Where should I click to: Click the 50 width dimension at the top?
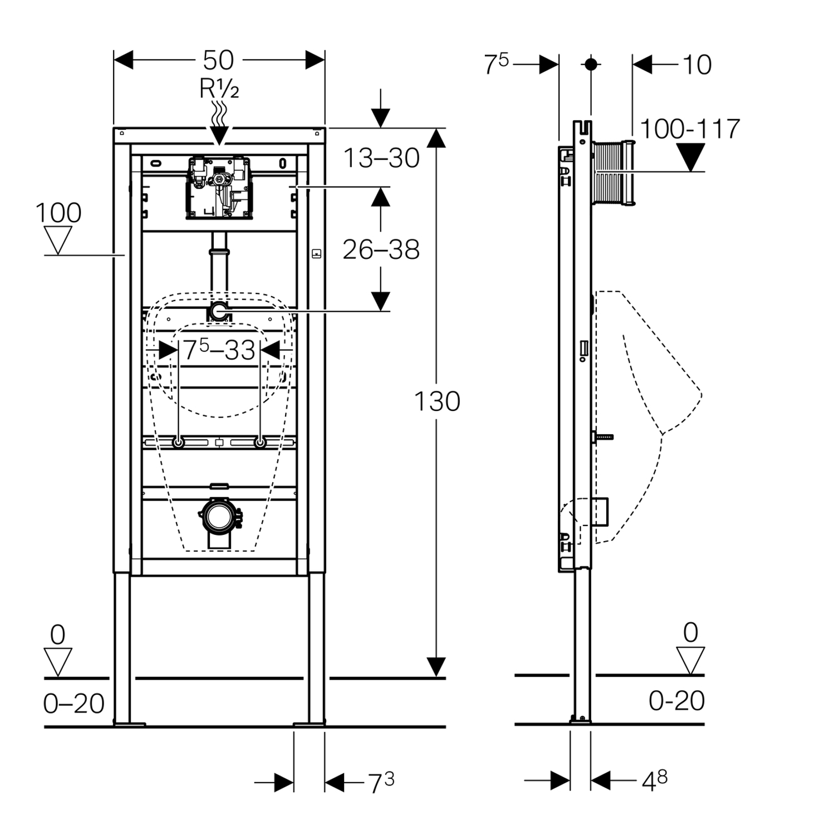(x=218, y=60)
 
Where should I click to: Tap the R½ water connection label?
(x=219, y=89)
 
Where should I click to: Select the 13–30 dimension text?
(x=381, y=158)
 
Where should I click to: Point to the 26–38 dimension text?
(x=381, y=250)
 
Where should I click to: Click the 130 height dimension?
(x=437, y=401)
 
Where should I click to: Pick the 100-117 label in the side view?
(x=690, y=129)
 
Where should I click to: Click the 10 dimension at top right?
(x=696, y=65)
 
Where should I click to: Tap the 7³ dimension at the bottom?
(x=381, y=783)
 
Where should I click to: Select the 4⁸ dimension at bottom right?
(x=654, y=781)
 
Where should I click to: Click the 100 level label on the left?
(x=58, y=213)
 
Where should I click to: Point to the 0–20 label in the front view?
(x=73, y=704)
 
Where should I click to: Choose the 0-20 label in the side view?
(x=676, y=701)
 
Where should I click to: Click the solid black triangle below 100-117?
(x=690, y=157)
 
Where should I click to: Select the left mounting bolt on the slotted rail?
(x=178, y=443)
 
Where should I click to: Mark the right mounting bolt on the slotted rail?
(x=259, y=443)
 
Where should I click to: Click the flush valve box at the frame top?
(x=218, y=186)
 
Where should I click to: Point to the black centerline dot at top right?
(x=591, y=65)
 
